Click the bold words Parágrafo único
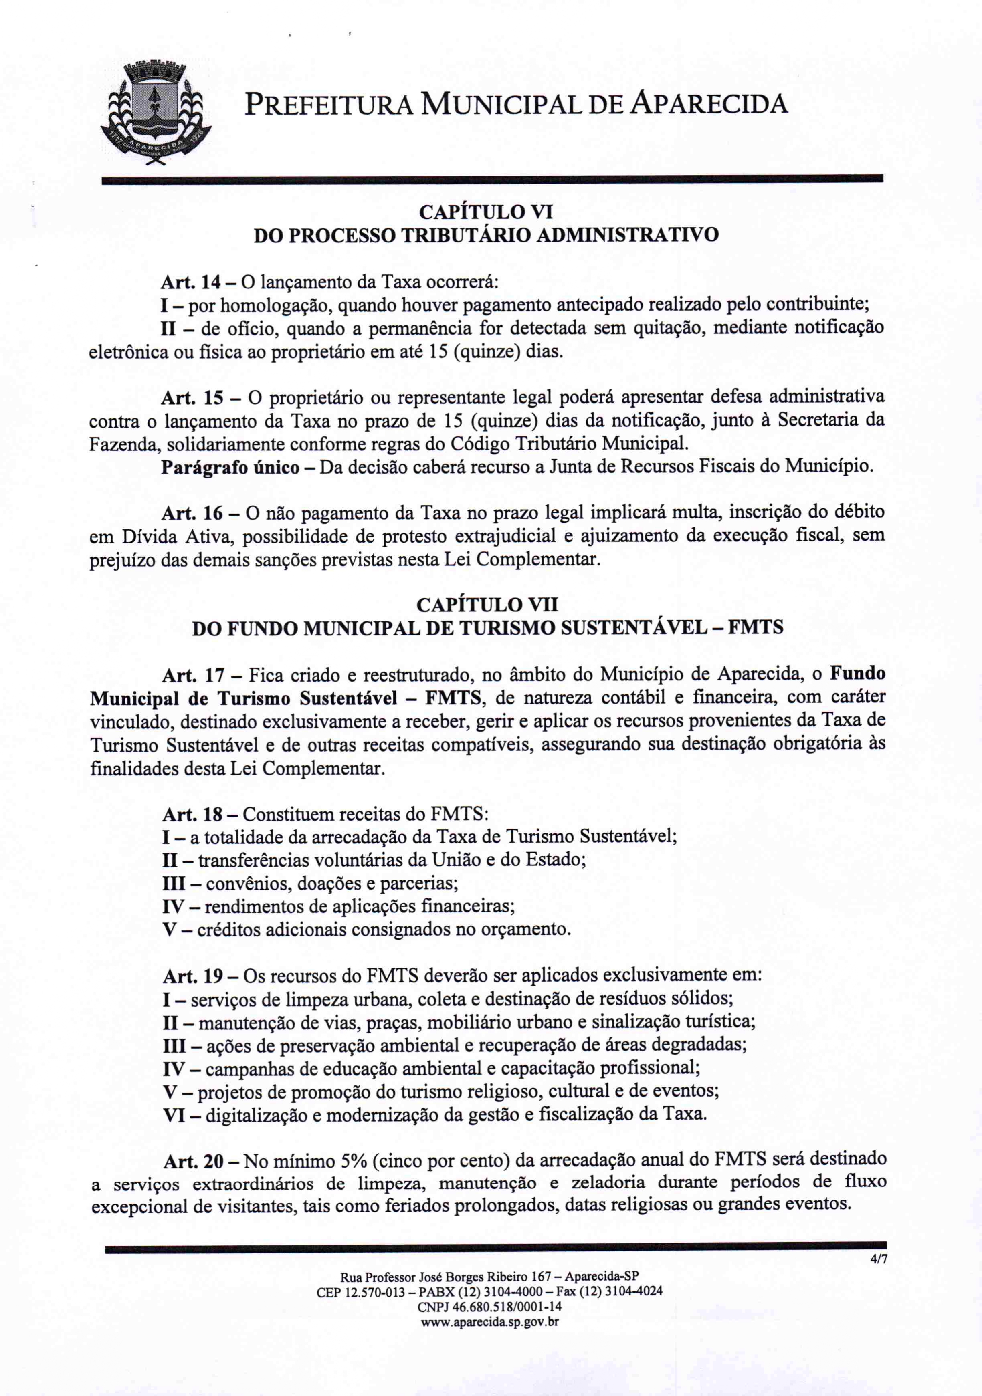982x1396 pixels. coord(230,467)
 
